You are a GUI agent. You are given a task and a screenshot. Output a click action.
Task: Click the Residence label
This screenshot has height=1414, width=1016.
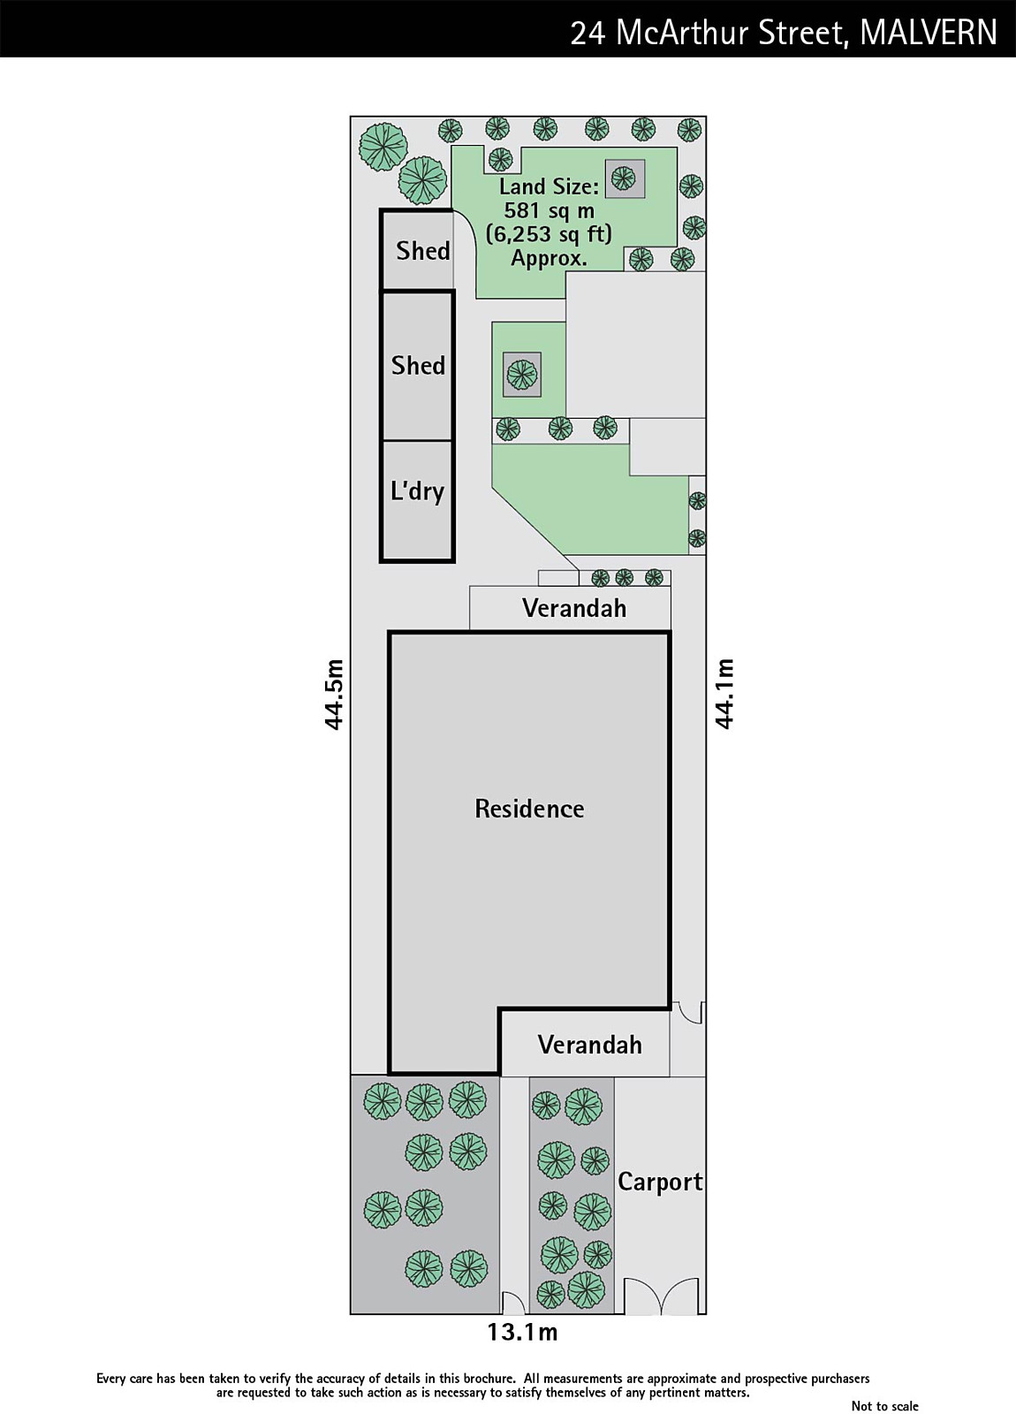click(x=529, y=809)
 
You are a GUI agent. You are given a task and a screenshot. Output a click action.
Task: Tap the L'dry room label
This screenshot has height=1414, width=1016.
click(x=417, y=490)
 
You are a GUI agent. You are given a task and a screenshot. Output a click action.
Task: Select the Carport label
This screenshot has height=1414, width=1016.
click(x=660, y=1182)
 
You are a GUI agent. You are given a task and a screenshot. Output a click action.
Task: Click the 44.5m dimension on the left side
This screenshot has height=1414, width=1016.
click(x=334, y=695)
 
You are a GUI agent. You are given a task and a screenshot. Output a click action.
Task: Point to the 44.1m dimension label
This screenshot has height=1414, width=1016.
click(x=724, y=694)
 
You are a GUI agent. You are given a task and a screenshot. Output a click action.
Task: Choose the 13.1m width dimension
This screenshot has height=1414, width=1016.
click(x=522, y=1332)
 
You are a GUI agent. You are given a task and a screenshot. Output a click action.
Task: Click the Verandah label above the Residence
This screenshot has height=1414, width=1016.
click(x=573, y=608)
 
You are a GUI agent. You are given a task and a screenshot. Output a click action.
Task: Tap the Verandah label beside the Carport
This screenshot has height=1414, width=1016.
click(x=589, y=1045)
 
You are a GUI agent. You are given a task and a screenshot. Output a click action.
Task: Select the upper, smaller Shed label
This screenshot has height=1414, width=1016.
click(x=422, y=251)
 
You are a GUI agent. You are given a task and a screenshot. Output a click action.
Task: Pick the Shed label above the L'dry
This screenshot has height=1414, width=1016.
click(x=418, y=365)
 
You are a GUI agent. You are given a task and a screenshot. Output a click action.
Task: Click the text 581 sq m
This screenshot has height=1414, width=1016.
click(x=549, y=210)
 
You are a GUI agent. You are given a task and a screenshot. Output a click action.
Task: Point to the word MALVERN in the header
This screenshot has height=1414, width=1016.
click(x=928, y=33)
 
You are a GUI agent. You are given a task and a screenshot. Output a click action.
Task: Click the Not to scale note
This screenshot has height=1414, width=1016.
click(x=884, y=1406)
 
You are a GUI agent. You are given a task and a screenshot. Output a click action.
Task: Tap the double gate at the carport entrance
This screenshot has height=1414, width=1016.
click(x=661, y=1296)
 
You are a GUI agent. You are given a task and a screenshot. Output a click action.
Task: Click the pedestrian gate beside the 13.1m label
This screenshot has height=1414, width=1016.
click(x=512, y=1303)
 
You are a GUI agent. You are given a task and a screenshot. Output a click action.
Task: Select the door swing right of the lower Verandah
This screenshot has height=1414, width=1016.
click(x=688, y=1013)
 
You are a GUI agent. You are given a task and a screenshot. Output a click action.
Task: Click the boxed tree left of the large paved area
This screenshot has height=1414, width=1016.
click(x=521, y=375)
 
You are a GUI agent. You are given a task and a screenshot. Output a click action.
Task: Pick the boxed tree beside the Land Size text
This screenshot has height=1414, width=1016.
click(x=624, y=179)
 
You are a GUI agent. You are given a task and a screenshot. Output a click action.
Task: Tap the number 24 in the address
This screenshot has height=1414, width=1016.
click(x=588, y=33)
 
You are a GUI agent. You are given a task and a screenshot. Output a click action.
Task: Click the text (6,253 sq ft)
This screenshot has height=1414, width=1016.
click(x=549, y=234)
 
